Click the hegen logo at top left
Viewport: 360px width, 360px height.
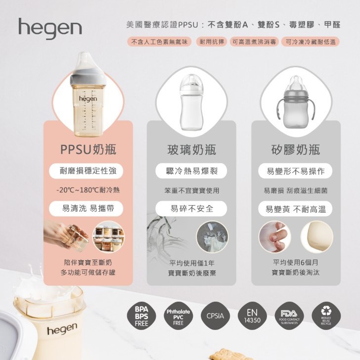tap(50, 29)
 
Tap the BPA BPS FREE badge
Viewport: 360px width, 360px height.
tap(141, 316)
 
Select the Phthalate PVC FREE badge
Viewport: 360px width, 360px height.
tap(178, 316)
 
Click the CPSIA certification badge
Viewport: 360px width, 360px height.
tap(215, 316)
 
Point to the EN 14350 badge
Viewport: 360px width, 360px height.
tap(252, 316)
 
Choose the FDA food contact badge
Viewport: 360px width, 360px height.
tap(289, 316)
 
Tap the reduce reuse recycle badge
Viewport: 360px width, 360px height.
tap(326, 316)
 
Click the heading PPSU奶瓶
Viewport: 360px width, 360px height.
tap(88, 149)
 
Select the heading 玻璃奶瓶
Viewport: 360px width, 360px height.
tap(191, 149)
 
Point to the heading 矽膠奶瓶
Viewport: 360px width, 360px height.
tap(296, 149)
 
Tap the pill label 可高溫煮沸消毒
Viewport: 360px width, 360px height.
tap(254, 42)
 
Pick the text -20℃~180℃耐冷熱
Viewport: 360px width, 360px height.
tap(88, 190)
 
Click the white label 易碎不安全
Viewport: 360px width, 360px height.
tap(191, 209)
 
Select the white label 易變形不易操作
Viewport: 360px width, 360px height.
tap(296, 171)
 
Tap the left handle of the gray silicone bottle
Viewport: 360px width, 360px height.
tap(279, 109)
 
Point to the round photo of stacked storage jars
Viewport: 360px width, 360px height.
tap(109, 236)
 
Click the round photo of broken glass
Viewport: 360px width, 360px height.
tap(212, 236)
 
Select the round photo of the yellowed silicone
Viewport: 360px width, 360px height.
tap(317, 236)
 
